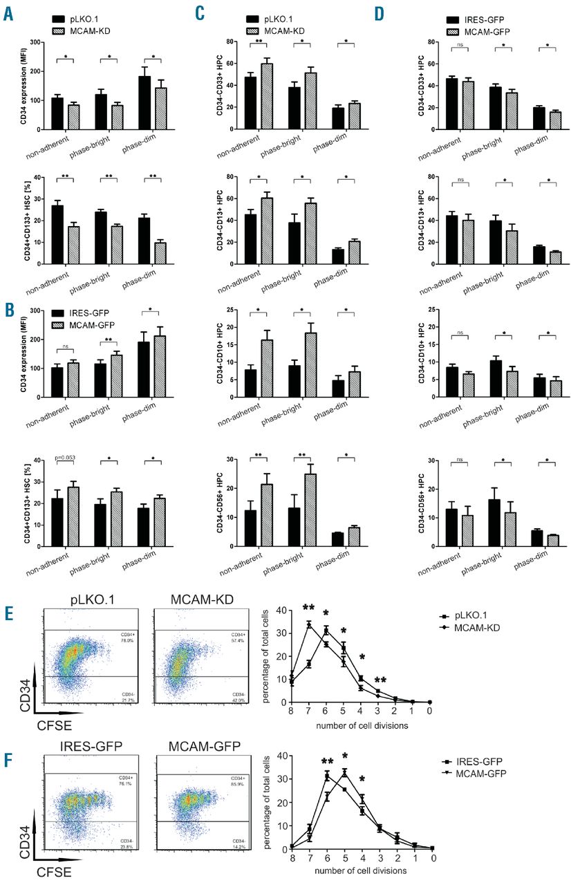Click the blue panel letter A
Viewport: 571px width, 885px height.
9,12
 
